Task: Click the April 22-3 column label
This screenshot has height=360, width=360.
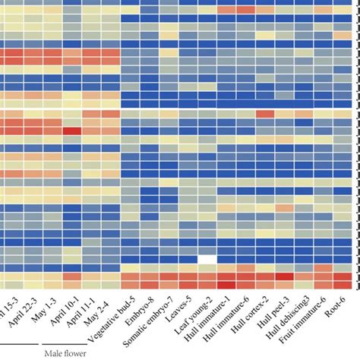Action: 23,311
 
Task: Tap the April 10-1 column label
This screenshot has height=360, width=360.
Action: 63,312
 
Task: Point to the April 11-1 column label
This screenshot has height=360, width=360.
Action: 83,312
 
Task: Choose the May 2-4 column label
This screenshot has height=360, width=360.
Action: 104,310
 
